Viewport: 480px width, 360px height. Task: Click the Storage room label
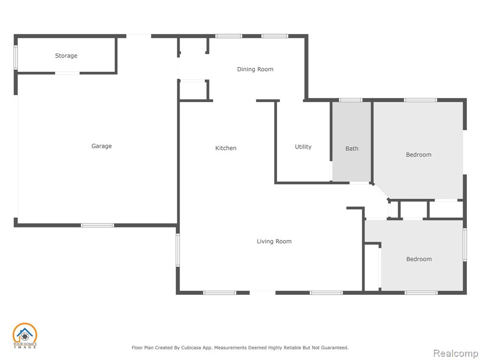pyautogui.click(x=66, y=56)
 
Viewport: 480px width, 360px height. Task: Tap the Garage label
pyautogui.click(x=101, y=146)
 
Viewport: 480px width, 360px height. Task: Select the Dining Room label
pyautogui.click(x=255, y=69)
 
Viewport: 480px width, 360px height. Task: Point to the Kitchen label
pyautogui.click(x=225, y=148)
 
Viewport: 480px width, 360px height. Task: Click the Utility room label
pyautogui.click(x=303, y=147)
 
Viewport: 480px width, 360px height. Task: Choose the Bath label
pyautogui.click(x=352, y=149)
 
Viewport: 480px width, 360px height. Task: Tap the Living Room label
pyautogui.click(x=274, y=241)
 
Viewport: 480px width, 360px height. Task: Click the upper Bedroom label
pyautogui.click(x=419, y=155)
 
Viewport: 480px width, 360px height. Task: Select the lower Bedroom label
pyautogui.click(x=419, y=259)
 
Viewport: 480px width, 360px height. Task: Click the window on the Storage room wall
pyautogui.click(x=15, y=58)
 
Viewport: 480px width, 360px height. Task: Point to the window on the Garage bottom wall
pyautogui.click(x=97, y=225)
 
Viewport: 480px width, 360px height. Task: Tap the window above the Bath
pyautogui.click(x=351, y=100)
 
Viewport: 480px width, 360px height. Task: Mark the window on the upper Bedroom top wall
pyautogui.click(x=420, y=100)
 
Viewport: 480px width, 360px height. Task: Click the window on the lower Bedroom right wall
pyautogui.click(x=465, y=245)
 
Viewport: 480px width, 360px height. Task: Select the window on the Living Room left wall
pyautogui.click(x=178, y=250)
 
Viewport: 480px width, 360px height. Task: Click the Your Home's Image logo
pyautogui.click(x=24, y=336)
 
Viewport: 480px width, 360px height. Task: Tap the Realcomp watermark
pyautogui.click(x=456, y=353)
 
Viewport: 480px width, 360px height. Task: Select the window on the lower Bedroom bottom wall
pyautogui.click(x=421, y=293)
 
